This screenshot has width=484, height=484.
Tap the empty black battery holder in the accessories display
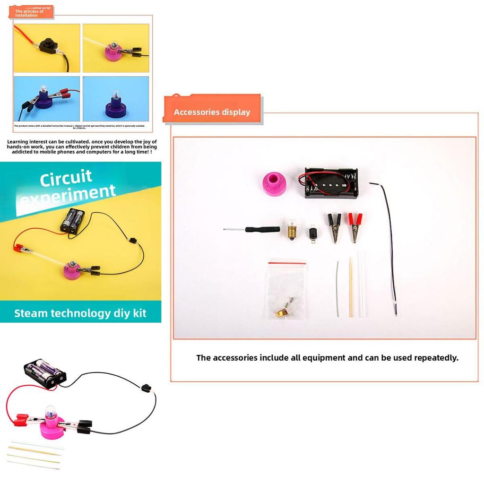tap(330, 183)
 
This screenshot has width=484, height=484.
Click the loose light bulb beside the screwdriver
tap(292, 229)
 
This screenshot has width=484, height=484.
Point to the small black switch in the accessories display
tap(312, 233)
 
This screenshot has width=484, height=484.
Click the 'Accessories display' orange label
tap(212, 112)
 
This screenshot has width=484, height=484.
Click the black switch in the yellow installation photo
tap(48, 46)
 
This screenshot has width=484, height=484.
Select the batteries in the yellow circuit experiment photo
tap(73, 221)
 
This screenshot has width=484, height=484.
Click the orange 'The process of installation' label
tap(31, 12)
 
